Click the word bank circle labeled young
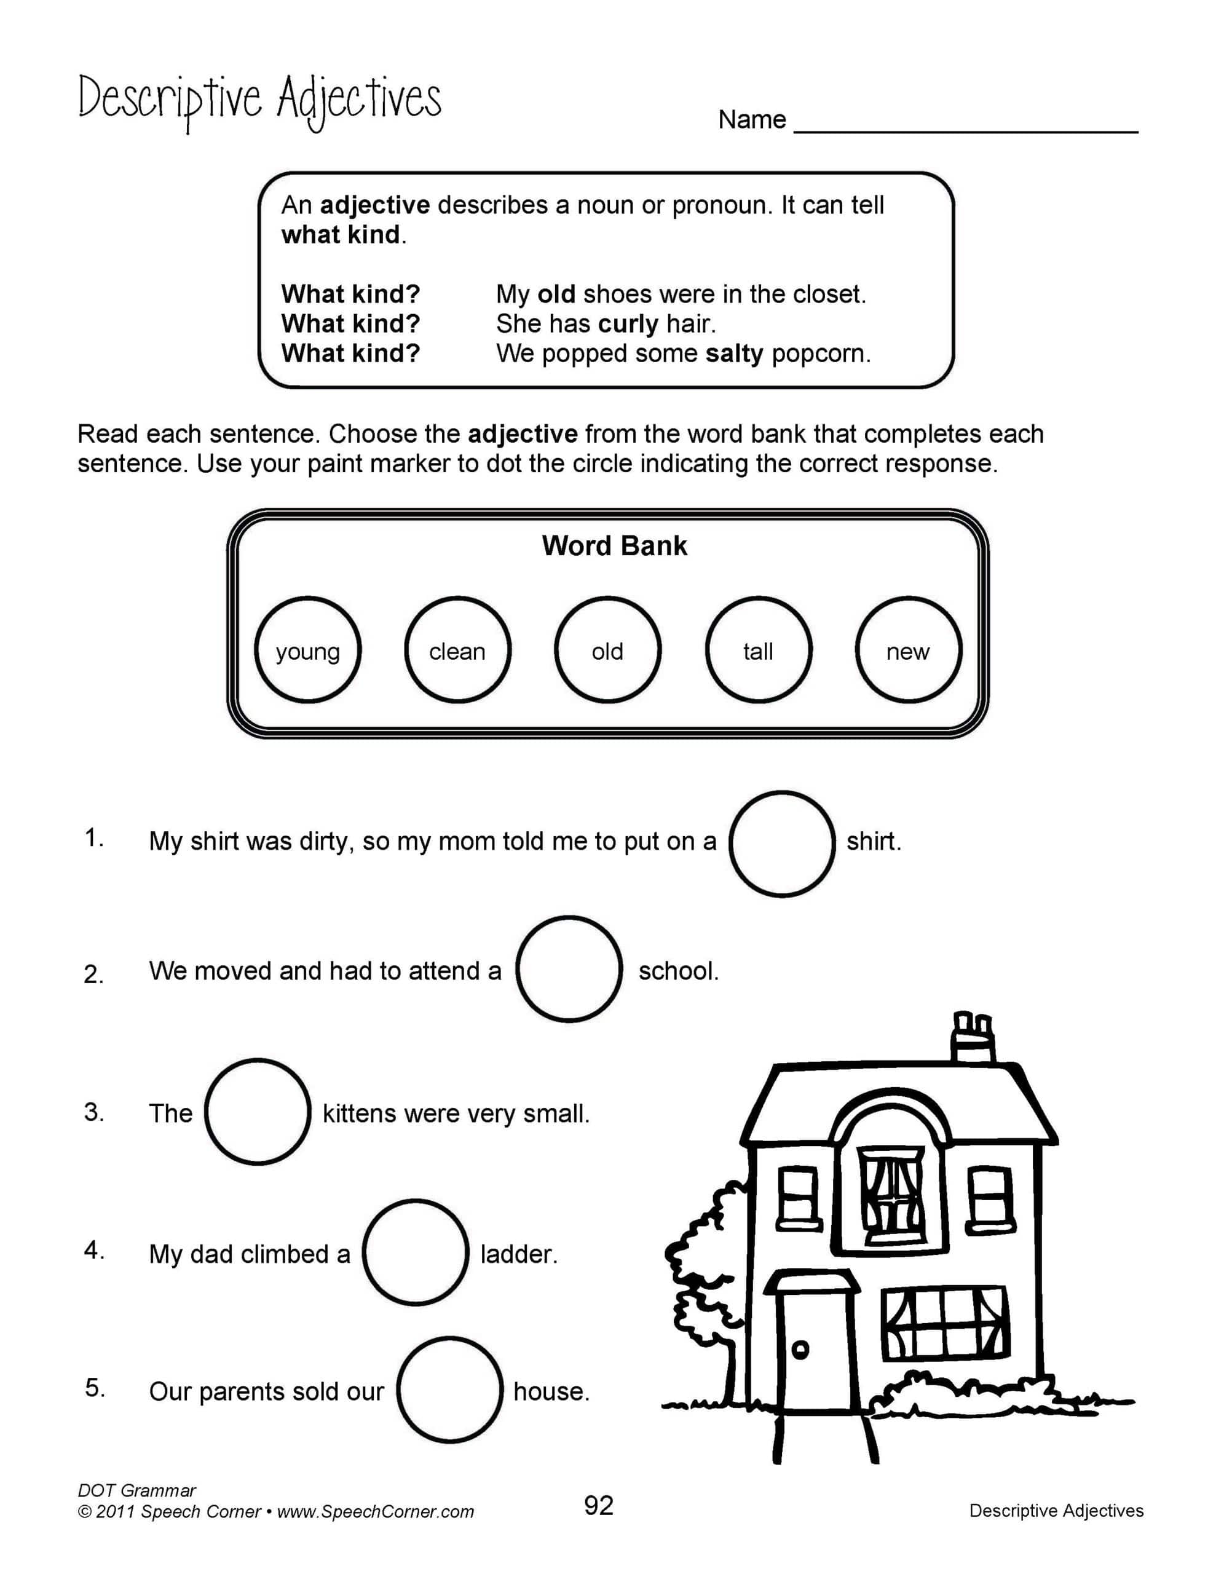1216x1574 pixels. pyautogui.click(x=308, y=649)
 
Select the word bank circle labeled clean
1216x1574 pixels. pyautogui.click(x=458, y=649)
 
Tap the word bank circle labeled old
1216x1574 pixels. pyautogui.click(x=607, y=649)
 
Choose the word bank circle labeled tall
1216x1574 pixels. pyautogui.click(x=758, y=649)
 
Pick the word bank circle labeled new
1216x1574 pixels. pyautogui.click(x=908, y=649)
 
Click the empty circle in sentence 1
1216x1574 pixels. pyautogui.click(x=782, y=844)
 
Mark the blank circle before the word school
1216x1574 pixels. pyautogui.click(x=569, y=968)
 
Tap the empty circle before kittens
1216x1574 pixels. pyautogui.click(x=258, y=1111)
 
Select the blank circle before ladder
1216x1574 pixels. pyautogui.click(x=415, y=1252)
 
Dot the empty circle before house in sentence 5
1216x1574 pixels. pyautogui.click(x=450, y=1390)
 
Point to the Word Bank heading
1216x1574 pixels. pyautogui.click(x=614, y=546)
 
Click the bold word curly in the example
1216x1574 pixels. pyautogui.click(x=628, y=324)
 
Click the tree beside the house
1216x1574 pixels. pyautogui.click(x=703, y=1268)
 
